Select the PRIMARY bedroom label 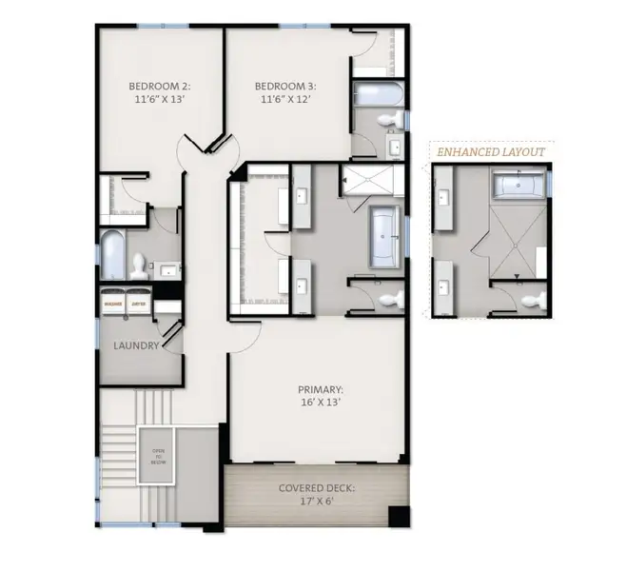tap(320, 395)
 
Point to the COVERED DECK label tap(317, 494)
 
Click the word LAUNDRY tap(136, 345)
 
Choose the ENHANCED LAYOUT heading tap(491, 151)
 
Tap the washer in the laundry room tap(114, 304)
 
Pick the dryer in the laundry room tap(139, 304)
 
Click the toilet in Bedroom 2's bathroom tap(139, 262)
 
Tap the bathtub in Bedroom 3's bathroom tap(378, 94)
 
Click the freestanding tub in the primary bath tap(384, 232)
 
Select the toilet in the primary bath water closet tap(389, 300)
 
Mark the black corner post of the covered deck tap(400, 517)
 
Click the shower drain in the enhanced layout tap(519, 278)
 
